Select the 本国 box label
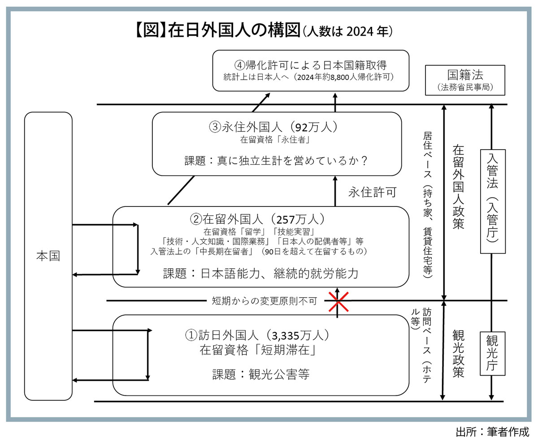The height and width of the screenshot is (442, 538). (x=48, y=256)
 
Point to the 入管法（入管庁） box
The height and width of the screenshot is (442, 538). (x=492, y=197)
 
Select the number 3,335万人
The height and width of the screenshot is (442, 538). (x=295, y=335)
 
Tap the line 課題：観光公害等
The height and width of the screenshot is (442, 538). (x=261, y=374)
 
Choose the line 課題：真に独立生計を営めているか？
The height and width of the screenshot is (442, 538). (x=276, y=160)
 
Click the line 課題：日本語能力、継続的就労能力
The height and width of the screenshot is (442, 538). (x=261, y=273)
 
